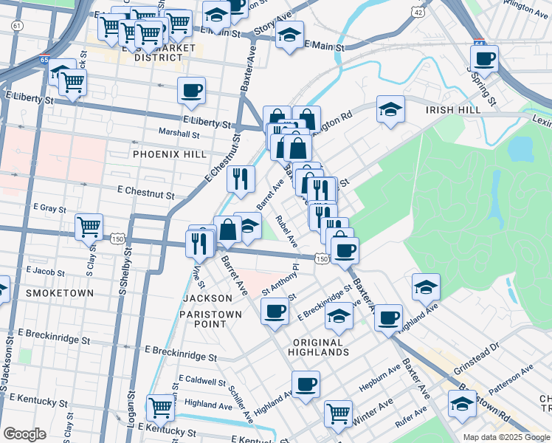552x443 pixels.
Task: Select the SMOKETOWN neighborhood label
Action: click(59, 293)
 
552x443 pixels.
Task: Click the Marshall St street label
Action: click(179, 134)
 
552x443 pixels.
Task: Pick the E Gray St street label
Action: click(49, 209)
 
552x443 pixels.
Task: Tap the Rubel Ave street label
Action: click(287, 231)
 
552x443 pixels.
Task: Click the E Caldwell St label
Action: click(201, 382)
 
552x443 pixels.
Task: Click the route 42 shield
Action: click(419, 13)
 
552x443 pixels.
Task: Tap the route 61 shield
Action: click(17, 25)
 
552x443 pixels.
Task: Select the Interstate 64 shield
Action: click(479, 44)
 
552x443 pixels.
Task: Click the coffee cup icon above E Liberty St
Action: click(191, 91)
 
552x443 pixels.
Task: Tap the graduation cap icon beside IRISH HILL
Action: click(390, 109)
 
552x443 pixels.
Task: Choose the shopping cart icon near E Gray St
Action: click(89, 227)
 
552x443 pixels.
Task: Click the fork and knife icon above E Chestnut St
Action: click(241, 179)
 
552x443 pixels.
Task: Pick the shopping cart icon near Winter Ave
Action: click(338, 413)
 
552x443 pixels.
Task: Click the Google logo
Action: click(24, 434)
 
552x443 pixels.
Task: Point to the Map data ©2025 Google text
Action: click(506, 437)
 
